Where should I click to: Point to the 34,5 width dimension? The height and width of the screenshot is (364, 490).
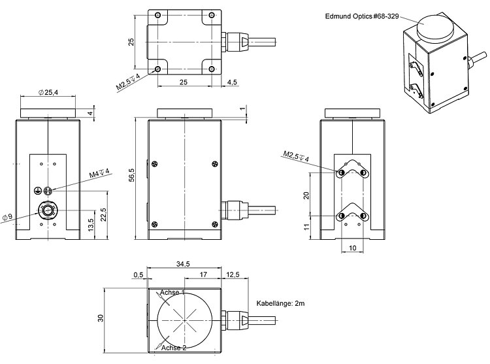183,263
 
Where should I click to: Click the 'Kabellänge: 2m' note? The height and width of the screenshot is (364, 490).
282,304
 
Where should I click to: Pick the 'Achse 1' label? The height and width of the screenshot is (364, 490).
172,292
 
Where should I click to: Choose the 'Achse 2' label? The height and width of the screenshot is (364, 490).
173,348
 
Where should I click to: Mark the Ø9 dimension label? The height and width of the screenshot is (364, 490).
8,216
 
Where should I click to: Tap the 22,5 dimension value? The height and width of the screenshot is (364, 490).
103,214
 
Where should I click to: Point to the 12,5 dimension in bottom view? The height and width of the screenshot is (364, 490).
233,274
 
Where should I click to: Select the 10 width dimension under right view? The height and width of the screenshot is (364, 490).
352,248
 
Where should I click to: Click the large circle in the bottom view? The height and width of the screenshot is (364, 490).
185,319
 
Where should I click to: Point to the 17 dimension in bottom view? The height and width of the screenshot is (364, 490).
203,274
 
